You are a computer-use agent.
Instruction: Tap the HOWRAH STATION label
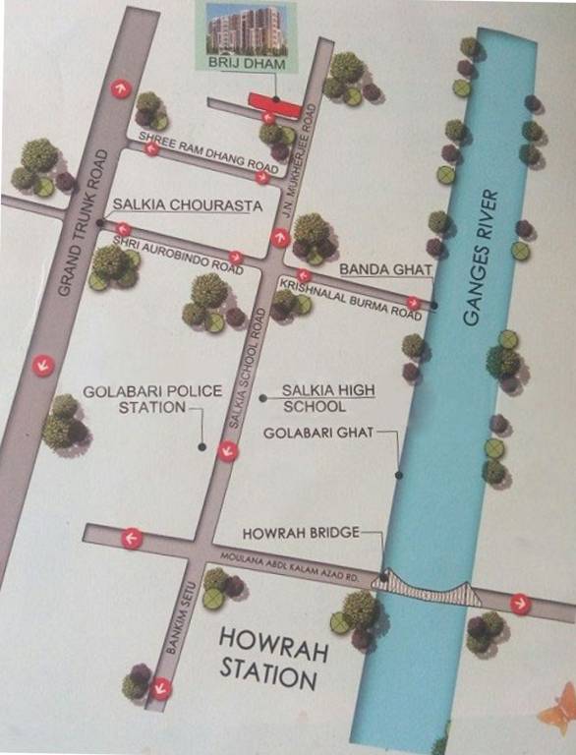pyautogui.click(x=268, y=657)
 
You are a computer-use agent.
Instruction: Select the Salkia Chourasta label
pyautogui.click(x=173, y=205)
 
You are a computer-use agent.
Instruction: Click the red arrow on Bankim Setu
pyautogui.click(x=159, y=688)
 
